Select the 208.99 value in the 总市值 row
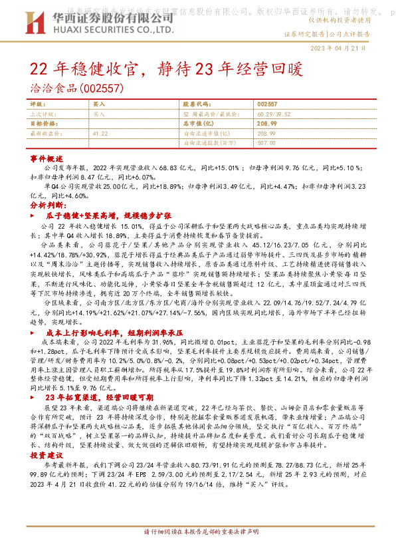point(266,124)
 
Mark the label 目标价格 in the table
point(44,124)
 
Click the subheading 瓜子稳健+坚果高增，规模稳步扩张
point(109,216)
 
